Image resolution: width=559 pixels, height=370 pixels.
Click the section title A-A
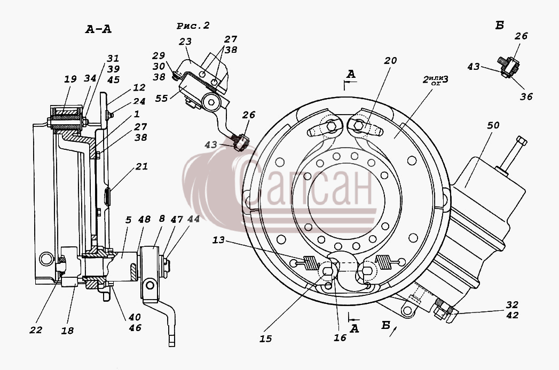(98, 29)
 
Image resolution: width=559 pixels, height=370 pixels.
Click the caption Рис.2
(193, 26)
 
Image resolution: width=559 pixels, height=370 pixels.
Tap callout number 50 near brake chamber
(493, 125)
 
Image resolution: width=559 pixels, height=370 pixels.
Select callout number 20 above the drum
(390, 61)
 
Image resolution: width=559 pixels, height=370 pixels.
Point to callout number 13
(218, 240)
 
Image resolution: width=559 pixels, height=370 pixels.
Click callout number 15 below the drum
(265, 339)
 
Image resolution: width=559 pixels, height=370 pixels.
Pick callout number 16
(340, 337)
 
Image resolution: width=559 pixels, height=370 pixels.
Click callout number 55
(161, 98)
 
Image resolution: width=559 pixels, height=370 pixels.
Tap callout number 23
(185, 42)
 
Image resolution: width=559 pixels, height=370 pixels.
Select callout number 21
(141, 166)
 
